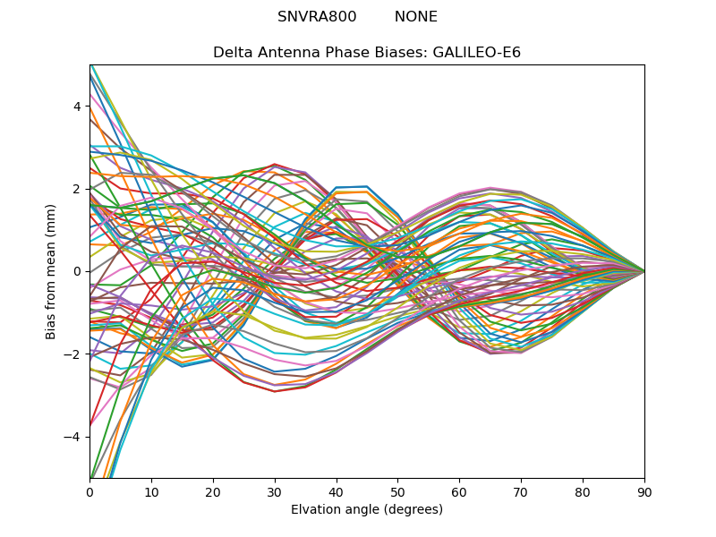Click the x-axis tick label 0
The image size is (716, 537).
pyautogui.click(x=89, y=491)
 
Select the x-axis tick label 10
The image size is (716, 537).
pyautogui.click(x=151, y=491)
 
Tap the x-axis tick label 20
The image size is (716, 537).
pyautogui.click(x=213, y=491)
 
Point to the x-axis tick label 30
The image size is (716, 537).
pyautogui.click(x=275, y=491)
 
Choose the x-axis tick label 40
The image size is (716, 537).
pyautogui.click(x=337, y=491)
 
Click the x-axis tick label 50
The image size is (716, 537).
pyautogui.click(x=397, y=491)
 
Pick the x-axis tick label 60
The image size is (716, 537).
pyautogui.click(x=459, y=491)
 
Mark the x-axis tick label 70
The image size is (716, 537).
pyautogui.click(x=521, y=491)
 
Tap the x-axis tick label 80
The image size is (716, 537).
pyautogui.click(x=583, y=491)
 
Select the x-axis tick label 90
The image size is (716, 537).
pyautogui.click(x=644, y=491)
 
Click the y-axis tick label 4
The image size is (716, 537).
pyautogui.click(x=77, y=107)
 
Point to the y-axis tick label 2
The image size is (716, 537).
pyautogui.click(x=77, y=189)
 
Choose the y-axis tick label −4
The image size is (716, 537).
pyautogui.click(x=73, y=437)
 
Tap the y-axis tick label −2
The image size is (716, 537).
pyautogui.click(x=73, y=354)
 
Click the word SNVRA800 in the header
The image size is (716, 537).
pyautogui.click(x=317, y=17)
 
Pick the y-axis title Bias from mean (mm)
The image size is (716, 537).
pyautogui.click(x=51, y=270)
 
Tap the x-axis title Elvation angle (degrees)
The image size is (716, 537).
pyautogui.click(x=367, y=510)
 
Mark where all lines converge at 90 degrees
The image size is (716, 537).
pyautogui.click(x=644, y=271)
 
